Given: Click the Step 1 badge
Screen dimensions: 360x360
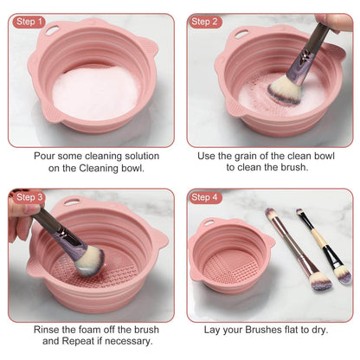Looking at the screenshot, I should (29, 22).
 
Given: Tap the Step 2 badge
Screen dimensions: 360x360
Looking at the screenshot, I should (206, 22).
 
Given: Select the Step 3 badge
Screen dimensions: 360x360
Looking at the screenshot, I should (29, 197).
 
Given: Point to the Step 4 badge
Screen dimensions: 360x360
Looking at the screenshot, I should (206, 197).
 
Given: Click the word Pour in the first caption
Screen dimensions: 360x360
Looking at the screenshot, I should (48, 156).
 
